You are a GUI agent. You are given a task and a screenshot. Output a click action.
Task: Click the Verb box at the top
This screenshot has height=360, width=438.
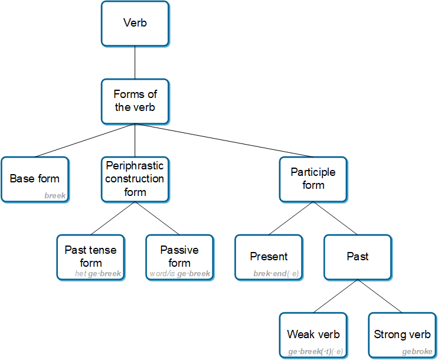(x=135, y=24)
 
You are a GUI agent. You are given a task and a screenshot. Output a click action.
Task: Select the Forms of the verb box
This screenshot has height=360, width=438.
(x=135, y=101)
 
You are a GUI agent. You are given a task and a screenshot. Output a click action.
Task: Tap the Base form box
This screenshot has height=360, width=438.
(x=35, y=179)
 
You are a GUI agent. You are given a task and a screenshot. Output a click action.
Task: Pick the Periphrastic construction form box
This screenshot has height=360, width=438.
(x=135, y=179)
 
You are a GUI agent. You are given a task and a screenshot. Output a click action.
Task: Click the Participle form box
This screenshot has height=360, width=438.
(x=313, y=179)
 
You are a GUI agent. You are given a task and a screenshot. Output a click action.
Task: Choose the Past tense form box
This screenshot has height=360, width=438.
(x=90, y=257)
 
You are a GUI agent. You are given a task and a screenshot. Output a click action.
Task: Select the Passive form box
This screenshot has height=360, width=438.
(x=179, y=257)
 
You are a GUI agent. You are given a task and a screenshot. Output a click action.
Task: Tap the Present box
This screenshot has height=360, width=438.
(x=269, y=257)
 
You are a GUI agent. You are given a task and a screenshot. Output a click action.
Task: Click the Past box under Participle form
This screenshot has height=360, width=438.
(x=358, y=257)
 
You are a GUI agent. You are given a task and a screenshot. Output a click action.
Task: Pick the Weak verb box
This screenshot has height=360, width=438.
(x=313, y=335)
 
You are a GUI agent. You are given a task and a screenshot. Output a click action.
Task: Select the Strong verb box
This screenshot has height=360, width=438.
(x=402, y=335)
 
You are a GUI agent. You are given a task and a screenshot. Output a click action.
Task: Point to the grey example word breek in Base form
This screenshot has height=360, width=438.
(x=55, y=196)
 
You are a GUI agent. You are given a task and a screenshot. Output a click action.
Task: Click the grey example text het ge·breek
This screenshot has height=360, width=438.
(x=98, y=274)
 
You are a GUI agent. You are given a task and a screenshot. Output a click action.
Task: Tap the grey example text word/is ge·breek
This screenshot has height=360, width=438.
(x=180, y=274)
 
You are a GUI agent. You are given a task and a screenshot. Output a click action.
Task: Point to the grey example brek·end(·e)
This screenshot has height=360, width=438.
(x=276, y=274)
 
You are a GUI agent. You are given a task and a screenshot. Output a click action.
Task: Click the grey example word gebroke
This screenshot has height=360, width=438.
(x=417, y=352)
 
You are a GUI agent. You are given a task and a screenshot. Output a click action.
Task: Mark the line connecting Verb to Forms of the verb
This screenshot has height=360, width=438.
(x=135, y=63)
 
